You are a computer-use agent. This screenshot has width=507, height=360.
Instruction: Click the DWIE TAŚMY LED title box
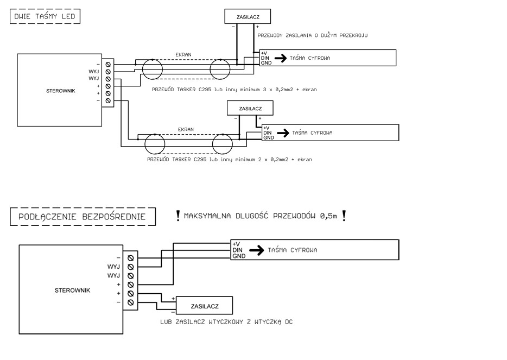pos(45,17)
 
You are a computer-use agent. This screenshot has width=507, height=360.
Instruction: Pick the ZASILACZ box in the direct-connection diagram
pos(204,306)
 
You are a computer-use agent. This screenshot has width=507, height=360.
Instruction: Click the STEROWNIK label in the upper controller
pos(57,91)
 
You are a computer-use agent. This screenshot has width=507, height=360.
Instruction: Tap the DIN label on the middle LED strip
pos(267,132)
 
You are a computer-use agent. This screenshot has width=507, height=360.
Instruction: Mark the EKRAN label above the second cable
pos(186,130)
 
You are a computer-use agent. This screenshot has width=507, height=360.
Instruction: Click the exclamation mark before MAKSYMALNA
pos(178,216)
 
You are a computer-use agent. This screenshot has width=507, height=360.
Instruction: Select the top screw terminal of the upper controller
pos(109,64)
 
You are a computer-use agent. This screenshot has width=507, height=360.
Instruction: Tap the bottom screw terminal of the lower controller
pos(130,302)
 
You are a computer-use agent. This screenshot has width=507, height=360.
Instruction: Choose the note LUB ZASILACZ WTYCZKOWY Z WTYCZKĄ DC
pos(227,322)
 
